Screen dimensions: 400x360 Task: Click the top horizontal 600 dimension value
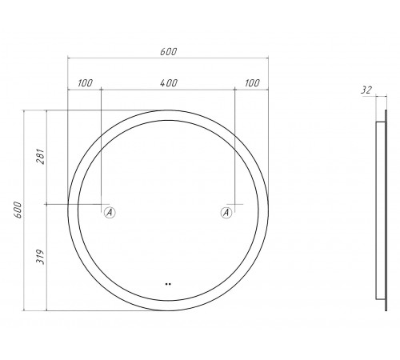[x=168, y=51]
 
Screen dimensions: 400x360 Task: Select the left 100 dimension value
[x=85, y=83]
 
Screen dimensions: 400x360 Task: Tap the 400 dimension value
[x=169, y=83]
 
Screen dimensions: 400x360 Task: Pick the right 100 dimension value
[x=252, y=83]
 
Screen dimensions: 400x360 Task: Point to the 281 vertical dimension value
[x=41, y=157]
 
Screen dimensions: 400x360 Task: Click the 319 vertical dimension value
[x=41, y=257]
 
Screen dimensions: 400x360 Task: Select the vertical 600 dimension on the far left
[x=18, y=210]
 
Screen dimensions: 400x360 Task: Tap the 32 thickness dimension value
[x=366, y=90]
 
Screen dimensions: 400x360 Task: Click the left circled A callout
[x=110, y=213]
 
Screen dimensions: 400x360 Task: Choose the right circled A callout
[x=226, y=213]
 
